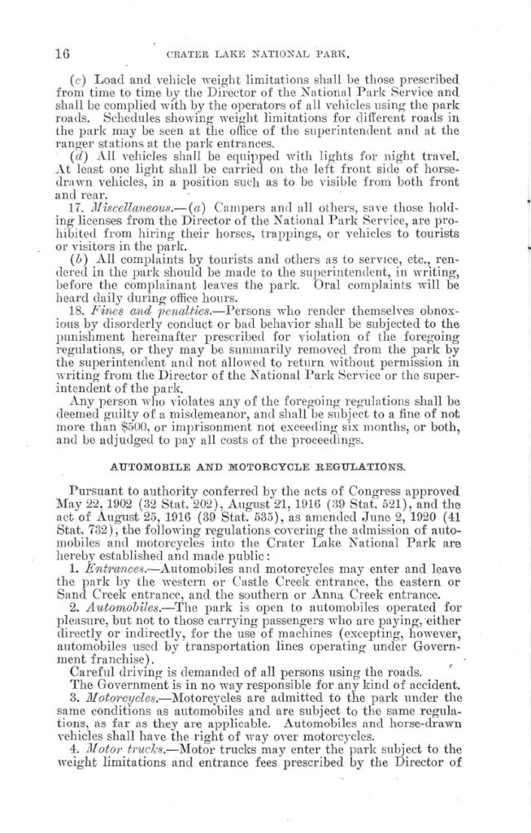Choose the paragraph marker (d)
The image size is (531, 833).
78,155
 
